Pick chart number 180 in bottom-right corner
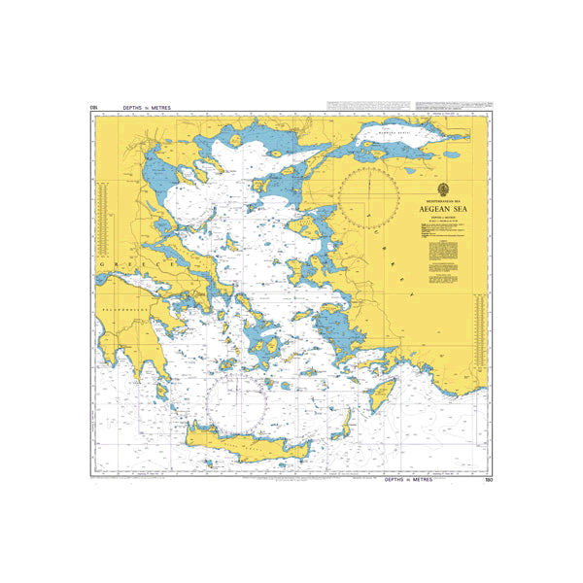coord(488,480)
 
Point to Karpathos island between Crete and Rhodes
coord(344,421)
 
